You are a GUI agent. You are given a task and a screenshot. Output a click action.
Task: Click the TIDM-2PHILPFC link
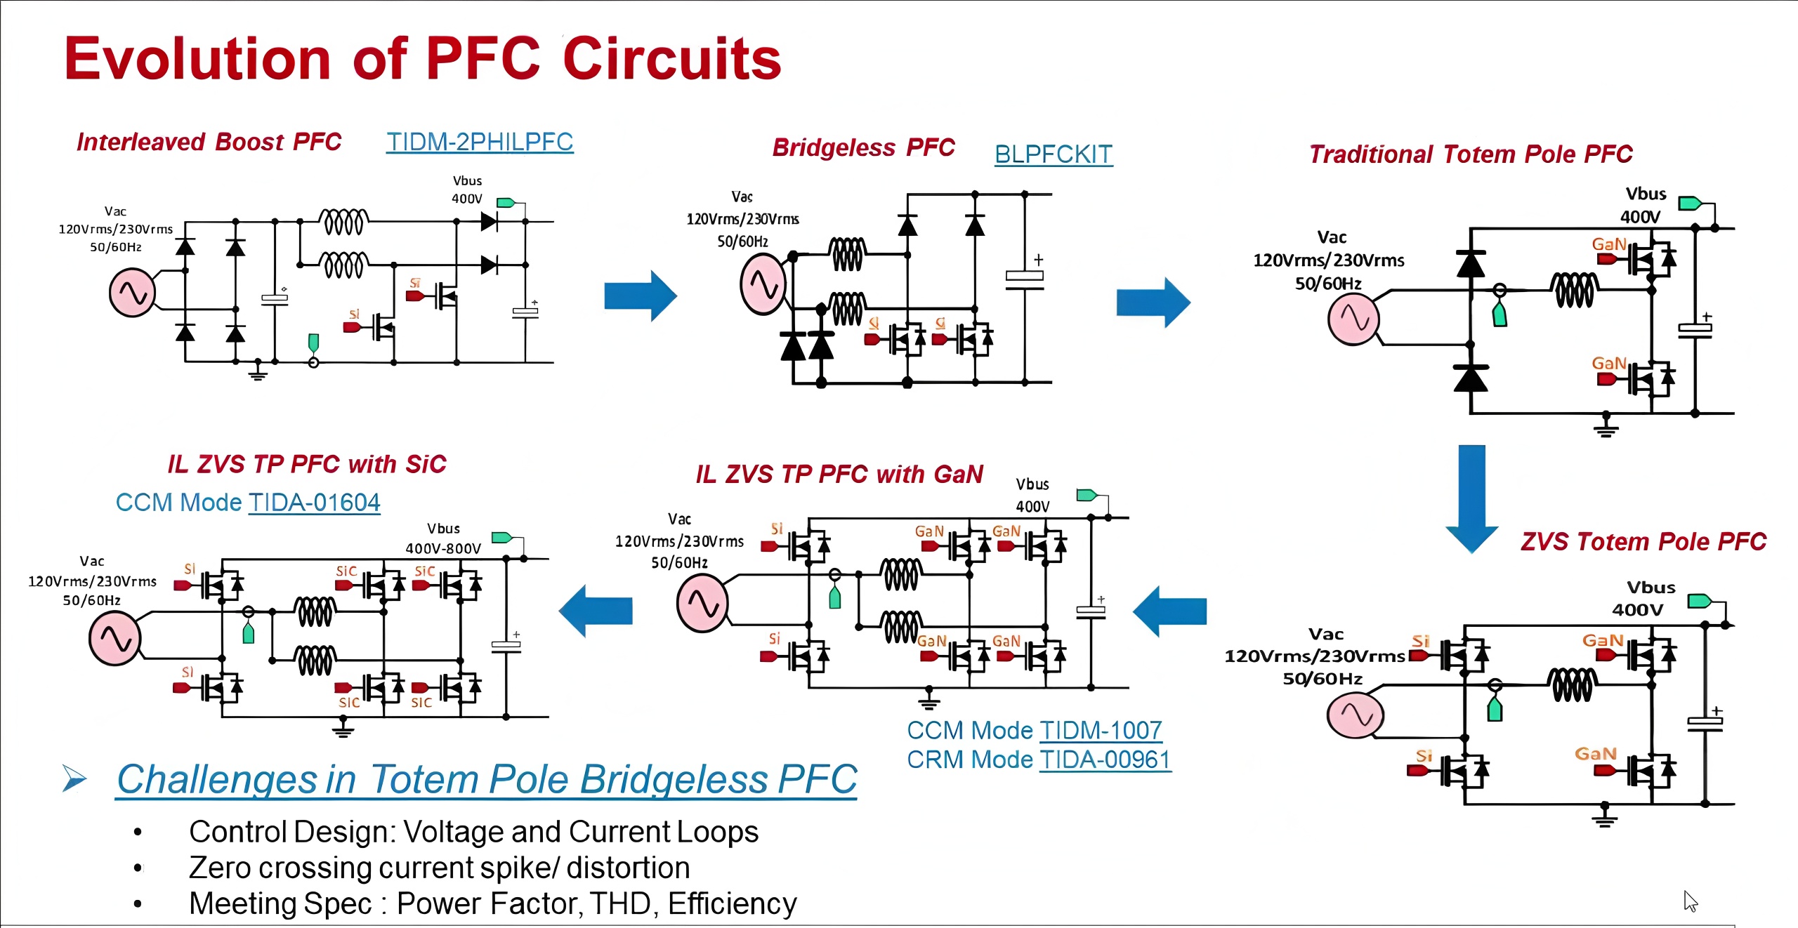click(480, 142)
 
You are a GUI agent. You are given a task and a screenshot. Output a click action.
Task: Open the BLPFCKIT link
click(1054, 154)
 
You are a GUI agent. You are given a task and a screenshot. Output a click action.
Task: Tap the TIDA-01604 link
click(314, 503)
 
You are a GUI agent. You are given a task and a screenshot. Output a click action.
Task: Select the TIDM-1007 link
click(1101, 731)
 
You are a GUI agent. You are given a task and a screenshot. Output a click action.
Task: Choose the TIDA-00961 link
click(1105, 760)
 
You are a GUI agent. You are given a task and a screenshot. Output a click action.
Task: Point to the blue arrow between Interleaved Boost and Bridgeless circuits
click(640, 296)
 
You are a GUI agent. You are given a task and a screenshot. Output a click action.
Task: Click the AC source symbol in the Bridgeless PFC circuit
click(763, 284)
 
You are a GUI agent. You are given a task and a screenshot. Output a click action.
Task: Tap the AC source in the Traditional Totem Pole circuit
click(1353, 319)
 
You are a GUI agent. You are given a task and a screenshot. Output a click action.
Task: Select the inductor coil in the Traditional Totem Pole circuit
click(1574, 290)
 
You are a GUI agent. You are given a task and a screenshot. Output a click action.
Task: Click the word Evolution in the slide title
click(197, 59)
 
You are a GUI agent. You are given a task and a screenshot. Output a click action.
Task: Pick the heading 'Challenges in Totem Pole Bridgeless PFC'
click(487, 779)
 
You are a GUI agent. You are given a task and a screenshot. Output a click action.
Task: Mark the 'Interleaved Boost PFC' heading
click(209, 142)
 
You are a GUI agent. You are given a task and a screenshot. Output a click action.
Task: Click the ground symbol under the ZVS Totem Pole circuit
click(1604, 818)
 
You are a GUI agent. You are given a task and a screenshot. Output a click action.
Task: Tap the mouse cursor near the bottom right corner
click(1691, 901)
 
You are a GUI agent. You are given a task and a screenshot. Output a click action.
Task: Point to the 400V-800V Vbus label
click(443, 548)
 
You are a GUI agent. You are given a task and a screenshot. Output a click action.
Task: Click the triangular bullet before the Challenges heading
click(74, 778)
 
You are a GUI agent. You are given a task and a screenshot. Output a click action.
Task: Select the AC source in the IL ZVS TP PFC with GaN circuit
click(702, 603)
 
